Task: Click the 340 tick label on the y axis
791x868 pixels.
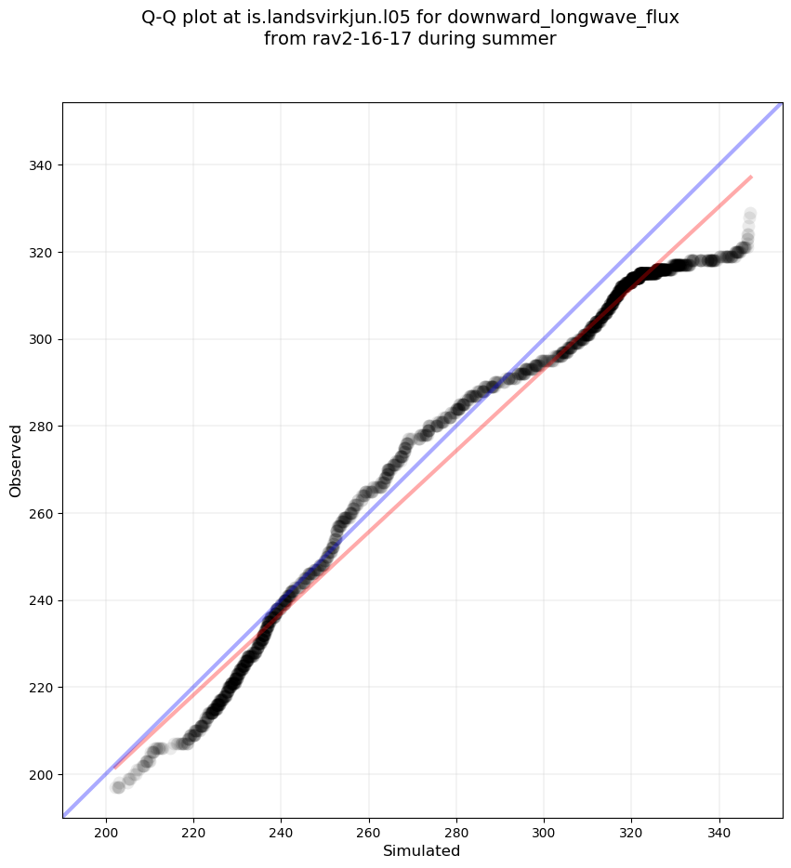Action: [41, 165]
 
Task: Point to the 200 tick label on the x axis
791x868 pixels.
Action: [106, 830]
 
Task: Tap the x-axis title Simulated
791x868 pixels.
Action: [422, 850]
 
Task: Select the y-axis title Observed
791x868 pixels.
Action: [16, 461]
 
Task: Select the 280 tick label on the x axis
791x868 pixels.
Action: [456, 830]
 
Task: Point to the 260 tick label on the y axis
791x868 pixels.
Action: [41, 513]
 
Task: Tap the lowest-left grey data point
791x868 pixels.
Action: [118, 787]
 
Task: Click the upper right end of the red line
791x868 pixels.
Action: [751, 176]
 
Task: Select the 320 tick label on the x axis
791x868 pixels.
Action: [631, 830]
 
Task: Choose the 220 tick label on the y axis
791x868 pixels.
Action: [41, 688]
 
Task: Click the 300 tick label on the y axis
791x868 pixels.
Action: [41, 339]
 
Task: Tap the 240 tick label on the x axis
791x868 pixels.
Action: [281, 830]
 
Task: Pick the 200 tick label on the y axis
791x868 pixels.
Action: [41, 774]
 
